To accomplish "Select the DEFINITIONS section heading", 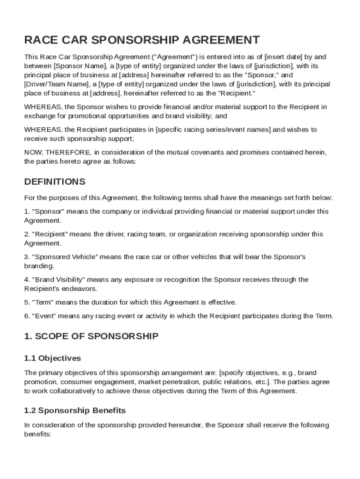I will click(x=55, y=181).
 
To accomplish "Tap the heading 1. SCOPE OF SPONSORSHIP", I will click(x=91, y=336).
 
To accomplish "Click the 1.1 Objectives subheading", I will click(x=52, y=358).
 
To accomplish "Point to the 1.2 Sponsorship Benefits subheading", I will click(x=75, y=411).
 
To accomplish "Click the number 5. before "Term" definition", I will click(x=27, y=302).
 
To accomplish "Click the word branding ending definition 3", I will click(x=38, y=266).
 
